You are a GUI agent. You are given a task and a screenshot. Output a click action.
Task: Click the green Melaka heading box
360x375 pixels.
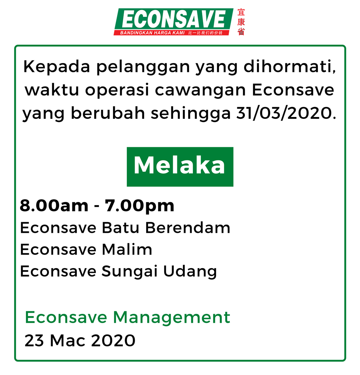point(180,167)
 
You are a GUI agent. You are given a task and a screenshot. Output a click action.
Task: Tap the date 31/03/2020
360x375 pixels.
point(286,113)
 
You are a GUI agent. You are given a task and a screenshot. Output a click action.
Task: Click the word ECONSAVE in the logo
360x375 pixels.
point(174,19)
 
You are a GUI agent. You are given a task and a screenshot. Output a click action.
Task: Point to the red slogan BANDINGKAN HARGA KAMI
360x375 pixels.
point(152,33)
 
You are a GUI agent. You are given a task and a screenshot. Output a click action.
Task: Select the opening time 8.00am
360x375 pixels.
point(54,206)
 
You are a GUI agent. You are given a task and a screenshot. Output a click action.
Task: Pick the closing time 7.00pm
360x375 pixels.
point(139,206)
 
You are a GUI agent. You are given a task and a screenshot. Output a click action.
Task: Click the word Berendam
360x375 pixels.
point(188,227)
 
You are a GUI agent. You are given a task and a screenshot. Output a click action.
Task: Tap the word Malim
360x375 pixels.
point(127,249)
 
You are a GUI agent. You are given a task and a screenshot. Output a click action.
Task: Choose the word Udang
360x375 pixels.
point(190,271)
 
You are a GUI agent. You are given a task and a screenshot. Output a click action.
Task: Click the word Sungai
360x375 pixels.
point(129,271)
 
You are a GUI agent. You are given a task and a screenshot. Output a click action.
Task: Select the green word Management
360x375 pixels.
point(171,318)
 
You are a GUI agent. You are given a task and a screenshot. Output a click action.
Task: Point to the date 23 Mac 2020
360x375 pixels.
point(80,340)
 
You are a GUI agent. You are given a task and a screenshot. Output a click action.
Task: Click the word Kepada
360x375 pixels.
point(57,67)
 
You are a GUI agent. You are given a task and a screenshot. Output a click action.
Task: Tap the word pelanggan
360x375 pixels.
point(143,67)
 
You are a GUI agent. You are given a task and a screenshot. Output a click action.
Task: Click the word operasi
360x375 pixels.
point(117,90)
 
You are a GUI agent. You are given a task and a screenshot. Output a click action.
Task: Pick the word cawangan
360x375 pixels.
point(201,91)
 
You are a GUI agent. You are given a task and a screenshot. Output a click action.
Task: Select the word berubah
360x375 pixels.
point(108,113)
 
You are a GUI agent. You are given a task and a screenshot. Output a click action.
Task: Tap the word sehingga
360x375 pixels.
point(191,113)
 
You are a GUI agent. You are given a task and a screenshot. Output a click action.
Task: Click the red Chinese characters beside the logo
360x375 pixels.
point(241,22)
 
